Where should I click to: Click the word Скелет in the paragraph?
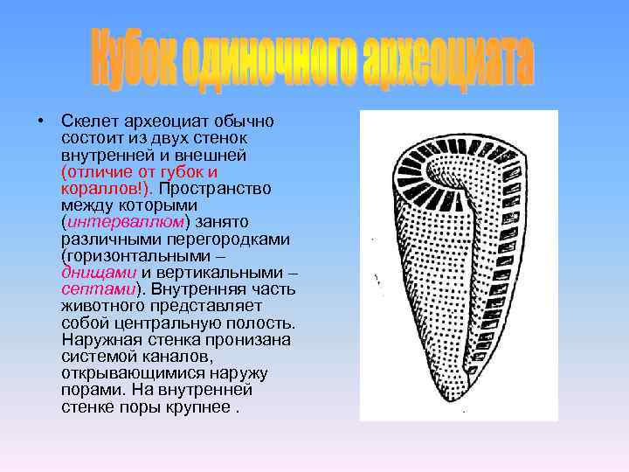(88, 120)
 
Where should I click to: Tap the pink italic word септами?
(97, 289)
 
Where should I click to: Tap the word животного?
(101, 306)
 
